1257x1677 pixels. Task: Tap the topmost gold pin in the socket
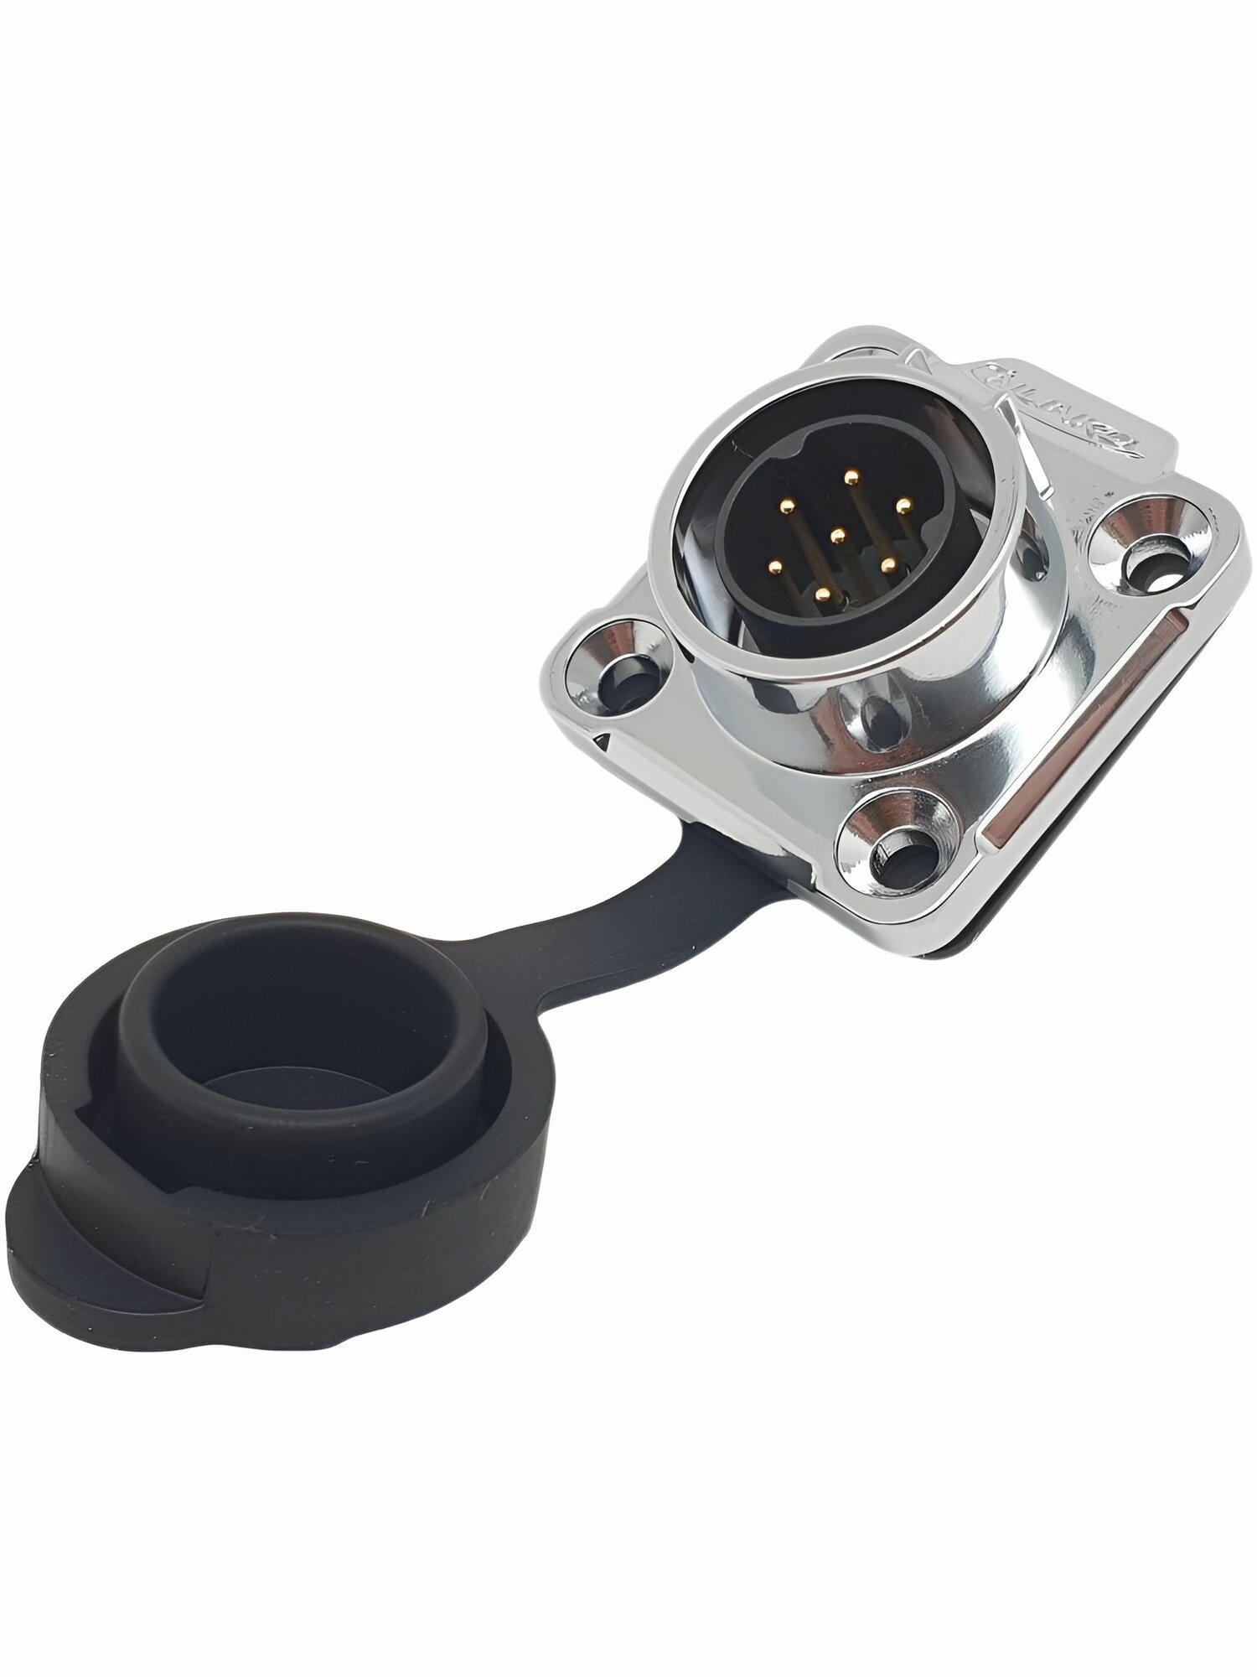coord(852,476)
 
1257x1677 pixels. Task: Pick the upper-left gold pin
coord(788,506)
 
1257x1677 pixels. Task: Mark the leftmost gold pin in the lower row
coord(774,567)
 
